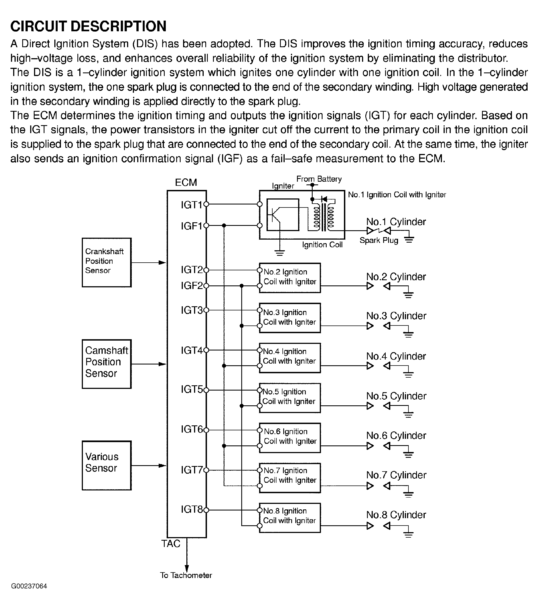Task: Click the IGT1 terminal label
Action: coord(192,205)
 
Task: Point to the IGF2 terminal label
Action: coord(192,286)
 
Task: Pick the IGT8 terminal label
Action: coord(192,509)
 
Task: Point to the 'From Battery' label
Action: coord(319,179)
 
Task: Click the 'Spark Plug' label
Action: coord(379,240)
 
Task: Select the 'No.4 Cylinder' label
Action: coord(396,356)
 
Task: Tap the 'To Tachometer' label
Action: coord(186,575)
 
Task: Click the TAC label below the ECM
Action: coord(171,544)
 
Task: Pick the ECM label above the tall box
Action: coord(186,182)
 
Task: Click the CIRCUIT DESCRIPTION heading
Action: coord(89,26)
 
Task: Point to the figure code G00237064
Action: coord(29,586)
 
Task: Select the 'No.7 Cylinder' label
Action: coord(396,475)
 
